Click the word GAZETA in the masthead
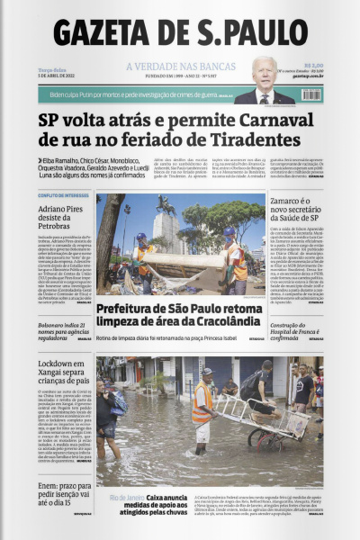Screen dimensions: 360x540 pyautogui.click(x=113, y=32)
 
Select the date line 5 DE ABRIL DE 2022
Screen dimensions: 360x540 pyautogui.click(x=58, y=76)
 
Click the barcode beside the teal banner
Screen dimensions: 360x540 pyautogui.click(x=310, y=94)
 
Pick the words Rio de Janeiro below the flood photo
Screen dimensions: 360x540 pyautogui.click(x=125, y=497)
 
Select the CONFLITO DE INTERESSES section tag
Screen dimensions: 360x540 pyautogui.click(x=64, y=195)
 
